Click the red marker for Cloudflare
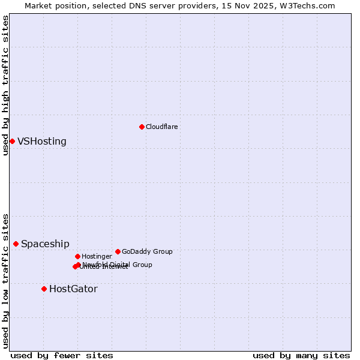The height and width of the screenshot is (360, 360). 142,127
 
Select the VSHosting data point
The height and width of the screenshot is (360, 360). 12,141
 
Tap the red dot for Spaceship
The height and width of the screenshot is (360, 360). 16,244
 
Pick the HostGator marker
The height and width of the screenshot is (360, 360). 44,289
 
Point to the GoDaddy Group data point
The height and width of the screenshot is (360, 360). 118,251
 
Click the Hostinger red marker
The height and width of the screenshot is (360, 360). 77,256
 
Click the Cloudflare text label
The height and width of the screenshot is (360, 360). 162,127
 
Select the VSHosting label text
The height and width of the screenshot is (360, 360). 42,142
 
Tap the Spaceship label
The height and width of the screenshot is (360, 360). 45,244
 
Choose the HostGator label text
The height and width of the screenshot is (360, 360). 73,289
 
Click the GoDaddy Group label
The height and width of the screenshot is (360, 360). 147,251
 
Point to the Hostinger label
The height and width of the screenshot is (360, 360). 97,256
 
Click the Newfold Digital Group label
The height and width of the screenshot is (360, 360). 118,265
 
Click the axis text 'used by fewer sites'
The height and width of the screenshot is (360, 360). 62,355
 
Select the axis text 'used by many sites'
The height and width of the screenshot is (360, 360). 301,355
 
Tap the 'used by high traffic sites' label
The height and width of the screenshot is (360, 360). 6,85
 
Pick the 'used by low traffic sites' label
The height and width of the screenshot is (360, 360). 6,280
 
